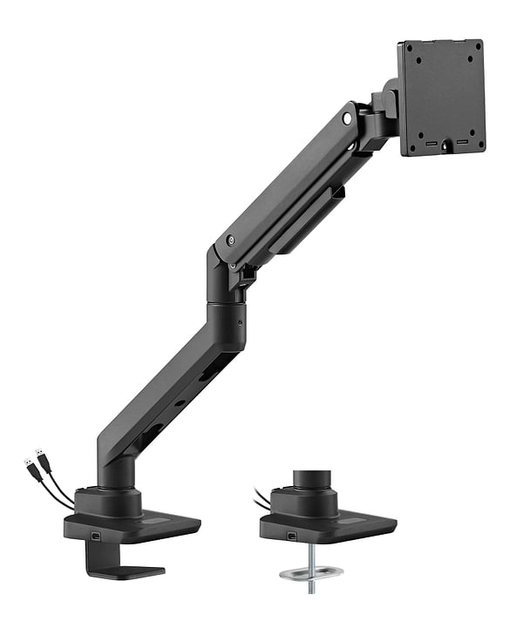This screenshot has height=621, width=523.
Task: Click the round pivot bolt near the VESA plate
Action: coord(350,114)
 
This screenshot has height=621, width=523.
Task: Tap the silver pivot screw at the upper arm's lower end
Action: coord(230,241)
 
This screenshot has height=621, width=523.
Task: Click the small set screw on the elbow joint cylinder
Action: coord(238,320)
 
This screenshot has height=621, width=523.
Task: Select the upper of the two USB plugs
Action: coord(40,456)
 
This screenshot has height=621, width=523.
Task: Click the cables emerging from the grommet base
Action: coord(261,499)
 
